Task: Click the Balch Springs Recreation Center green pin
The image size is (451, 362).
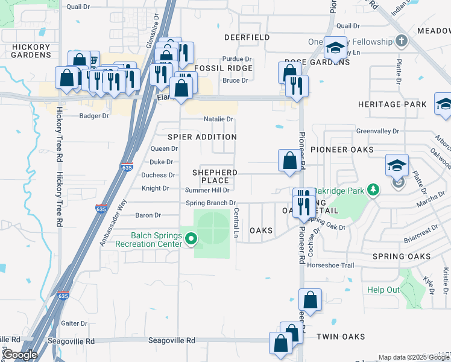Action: (191, 239)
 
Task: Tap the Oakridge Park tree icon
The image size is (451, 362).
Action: (374, 190)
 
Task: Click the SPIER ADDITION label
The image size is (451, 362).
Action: (201, 137)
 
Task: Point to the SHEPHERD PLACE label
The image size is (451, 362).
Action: (215, 176)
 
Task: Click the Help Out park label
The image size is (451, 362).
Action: (383, 290)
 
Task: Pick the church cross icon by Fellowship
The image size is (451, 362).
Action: (402, 41)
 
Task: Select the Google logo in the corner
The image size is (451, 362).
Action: (19, 354)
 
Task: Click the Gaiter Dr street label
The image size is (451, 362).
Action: (75, 323)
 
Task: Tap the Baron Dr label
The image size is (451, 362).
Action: (148, 215)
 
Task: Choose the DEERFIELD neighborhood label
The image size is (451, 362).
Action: (247, 37)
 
